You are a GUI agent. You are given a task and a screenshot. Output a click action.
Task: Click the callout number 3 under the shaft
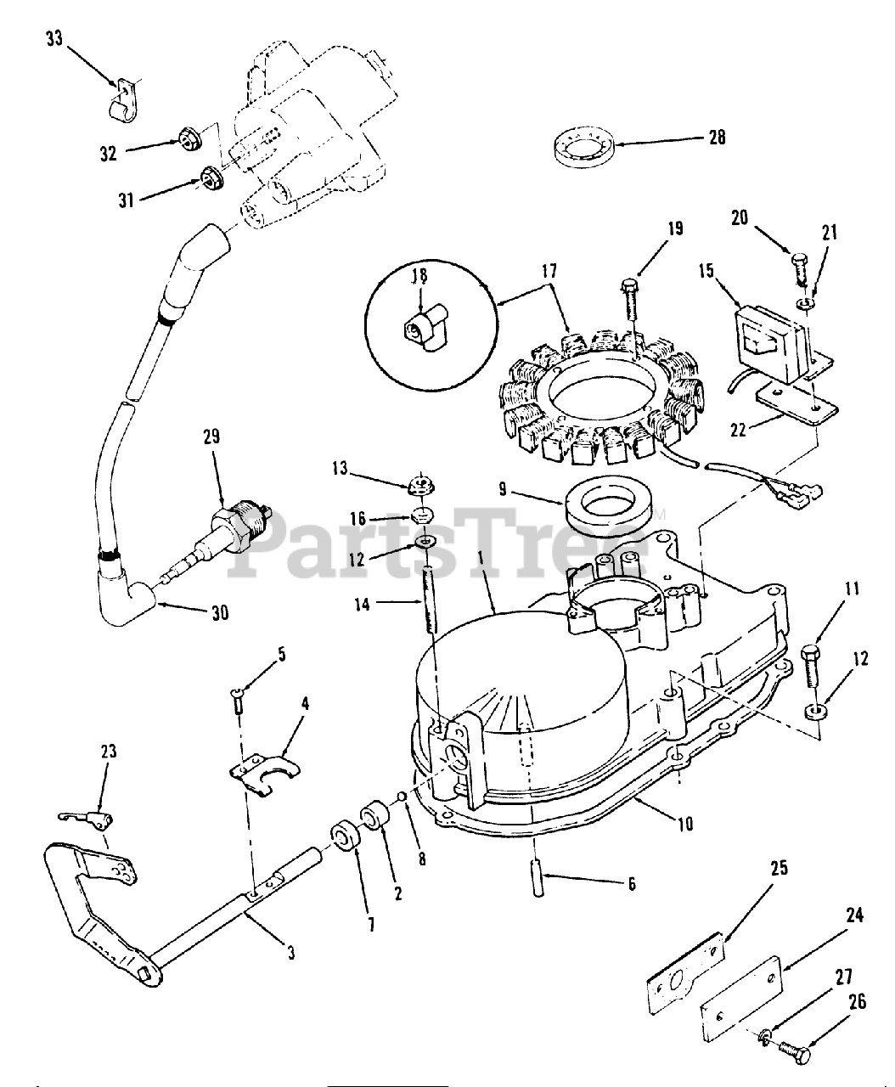(x=290, y=953)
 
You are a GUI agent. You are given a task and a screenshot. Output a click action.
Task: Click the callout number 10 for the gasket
(x=685, y=822)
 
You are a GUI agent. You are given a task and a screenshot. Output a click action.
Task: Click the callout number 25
(x=780, y=868)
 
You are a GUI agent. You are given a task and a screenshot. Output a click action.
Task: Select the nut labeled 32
(x=189, y=137)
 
